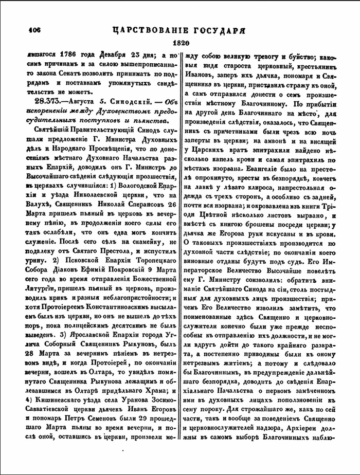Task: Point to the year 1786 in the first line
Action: point(69,57)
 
